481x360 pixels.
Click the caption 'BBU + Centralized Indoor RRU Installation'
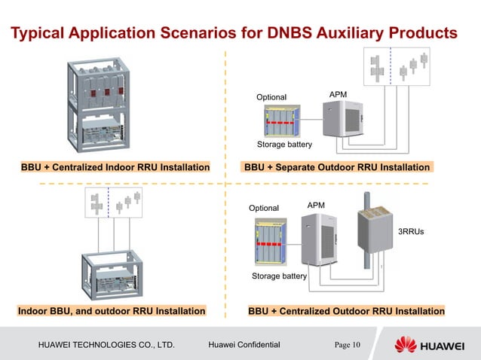click(115, 166)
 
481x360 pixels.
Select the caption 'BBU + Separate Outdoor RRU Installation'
click(336, 166)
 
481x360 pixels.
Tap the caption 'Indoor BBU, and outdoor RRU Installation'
click(112, 310)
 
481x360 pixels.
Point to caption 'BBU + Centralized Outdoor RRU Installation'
click(346, 310)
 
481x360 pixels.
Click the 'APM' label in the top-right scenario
click(340, 93)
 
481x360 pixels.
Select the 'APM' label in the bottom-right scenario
click(317, 205)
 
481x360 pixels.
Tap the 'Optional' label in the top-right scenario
click(271, 97)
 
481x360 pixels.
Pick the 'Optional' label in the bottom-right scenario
click(264, 208)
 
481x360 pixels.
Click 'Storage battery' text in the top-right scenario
click(284, 144)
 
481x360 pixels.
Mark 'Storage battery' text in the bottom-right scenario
click(279, 276)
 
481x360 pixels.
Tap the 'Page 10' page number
click(348, 345)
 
